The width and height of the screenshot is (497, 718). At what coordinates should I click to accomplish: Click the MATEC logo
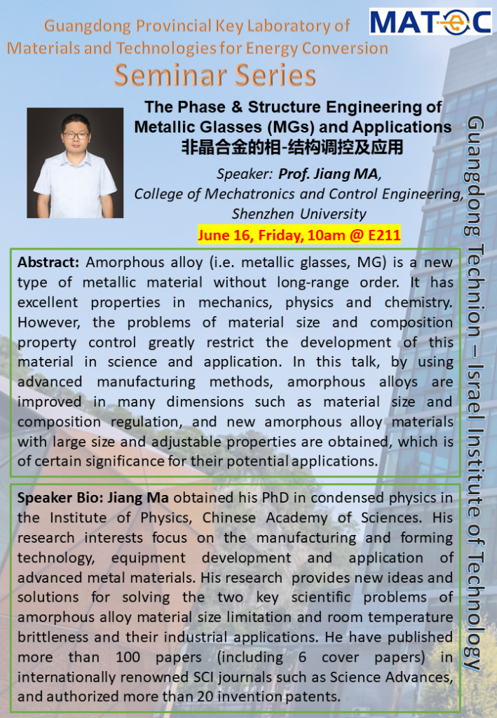(430, 22)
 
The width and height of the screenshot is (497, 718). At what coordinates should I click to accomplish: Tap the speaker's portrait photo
(75, 163)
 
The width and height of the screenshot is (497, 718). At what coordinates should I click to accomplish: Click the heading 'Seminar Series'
(215, 75)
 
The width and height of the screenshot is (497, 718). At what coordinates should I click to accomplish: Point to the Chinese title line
(293, 147)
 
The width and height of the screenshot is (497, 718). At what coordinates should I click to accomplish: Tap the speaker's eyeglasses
(75, 135)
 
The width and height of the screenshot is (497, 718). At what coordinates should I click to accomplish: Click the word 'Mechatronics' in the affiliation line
(243, 194)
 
